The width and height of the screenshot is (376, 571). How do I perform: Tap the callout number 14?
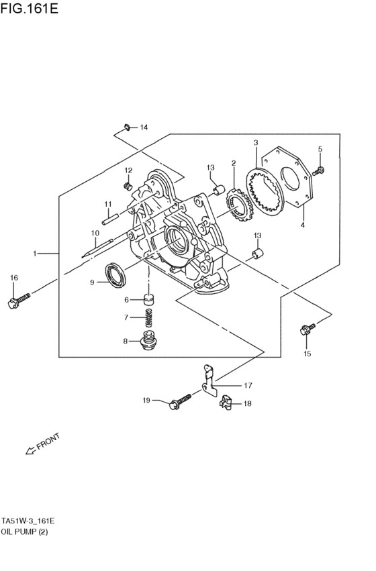click(143, 127)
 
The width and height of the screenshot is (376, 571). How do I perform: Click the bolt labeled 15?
click(308, 329)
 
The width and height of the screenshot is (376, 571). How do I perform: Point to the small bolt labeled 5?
click(320, 170)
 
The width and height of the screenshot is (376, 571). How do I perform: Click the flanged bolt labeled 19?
click(179, 403)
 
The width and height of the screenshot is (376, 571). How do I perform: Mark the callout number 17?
click(247, 386)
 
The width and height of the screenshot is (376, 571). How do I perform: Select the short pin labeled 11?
click(111, 217)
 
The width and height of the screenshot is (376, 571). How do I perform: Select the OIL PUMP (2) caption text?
click(25, 531)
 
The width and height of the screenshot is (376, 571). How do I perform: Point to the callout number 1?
click(34, 254)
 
